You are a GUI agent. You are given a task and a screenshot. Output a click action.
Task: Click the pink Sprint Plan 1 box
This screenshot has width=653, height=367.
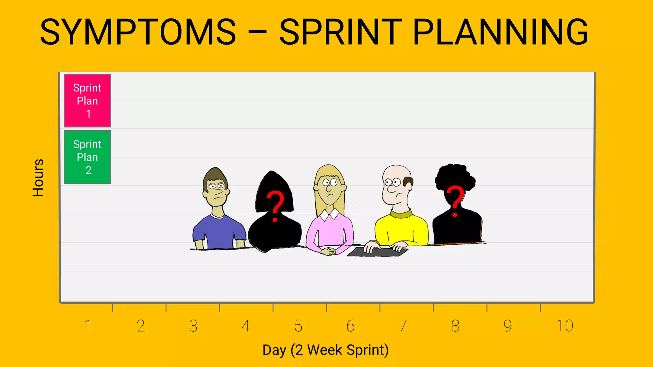[x=87, y=101]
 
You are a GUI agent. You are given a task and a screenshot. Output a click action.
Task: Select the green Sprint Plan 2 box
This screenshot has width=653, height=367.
[x=87, y=157]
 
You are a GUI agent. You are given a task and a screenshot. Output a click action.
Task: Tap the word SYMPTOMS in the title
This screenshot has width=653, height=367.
[x=138, y=32]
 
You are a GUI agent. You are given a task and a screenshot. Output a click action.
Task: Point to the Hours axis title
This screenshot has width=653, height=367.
[x=38, y=178]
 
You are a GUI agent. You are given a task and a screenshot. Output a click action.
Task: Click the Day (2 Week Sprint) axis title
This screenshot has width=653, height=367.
[x=326, y=350]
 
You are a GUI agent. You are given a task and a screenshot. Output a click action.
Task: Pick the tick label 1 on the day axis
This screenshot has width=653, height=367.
[x=88, y=326]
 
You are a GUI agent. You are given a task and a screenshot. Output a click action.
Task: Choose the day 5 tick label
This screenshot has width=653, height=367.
[x=298, y=326]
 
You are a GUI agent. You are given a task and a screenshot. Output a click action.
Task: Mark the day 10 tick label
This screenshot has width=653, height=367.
[x=565, y=326]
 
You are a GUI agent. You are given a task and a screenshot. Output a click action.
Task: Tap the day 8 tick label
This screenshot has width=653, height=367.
[x=455, y=326]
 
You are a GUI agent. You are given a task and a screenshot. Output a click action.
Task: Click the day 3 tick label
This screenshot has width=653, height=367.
[x=193, y=326]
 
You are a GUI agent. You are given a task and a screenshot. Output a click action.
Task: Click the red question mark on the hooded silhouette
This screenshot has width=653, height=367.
[x=275, y=206]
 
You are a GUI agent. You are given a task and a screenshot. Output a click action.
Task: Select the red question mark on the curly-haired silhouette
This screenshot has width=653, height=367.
[x=455, y=201]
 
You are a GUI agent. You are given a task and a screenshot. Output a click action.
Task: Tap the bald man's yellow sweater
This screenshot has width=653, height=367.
[x=401, y=229]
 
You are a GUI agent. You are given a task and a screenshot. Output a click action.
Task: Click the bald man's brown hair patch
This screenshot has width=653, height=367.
[x=408, y=182]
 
